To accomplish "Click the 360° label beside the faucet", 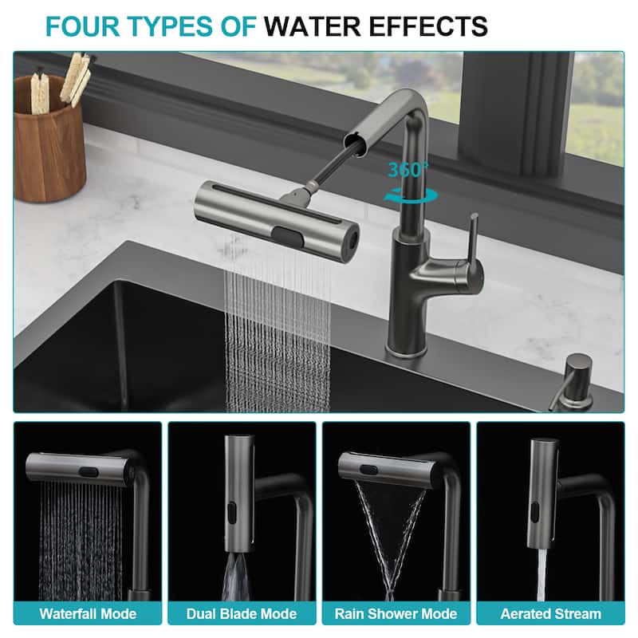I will [408, 170].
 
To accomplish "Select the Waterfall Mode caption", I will [88, 613].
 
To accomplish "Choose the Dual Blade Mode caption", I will [242, 613].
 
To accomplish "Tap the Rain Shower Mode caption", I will [396, 613].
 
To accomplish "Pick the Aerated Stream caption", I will [550, 613].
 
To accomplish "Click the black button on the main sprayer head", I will [289, 237].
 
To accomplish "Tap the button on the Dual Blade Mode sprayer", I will [231, 510].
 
